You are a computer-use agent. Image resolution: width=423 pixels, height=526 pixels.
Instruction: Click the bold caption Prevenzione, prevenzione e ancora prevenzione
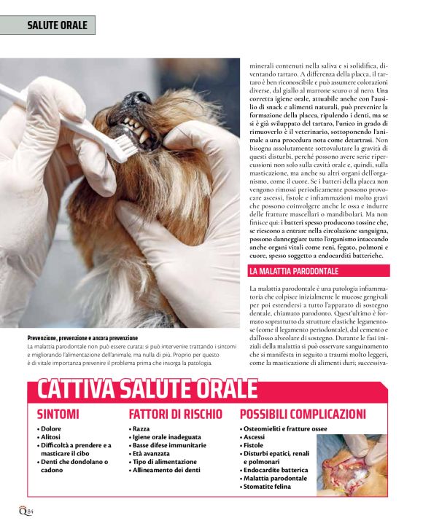[82, 339]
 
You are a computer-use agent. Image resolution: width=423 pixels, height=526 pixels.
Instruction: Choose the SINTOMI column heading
[58, 415]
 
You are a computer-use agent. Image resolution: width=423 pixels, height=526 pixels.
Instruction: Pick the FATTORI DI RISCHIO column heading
[176, 415]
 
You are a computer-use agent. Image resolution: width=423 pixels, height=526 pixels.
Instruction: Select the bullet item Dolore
[50, 429]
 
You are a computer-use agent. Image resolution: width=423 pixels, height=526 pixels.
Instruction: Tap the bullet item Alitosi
[52, 437]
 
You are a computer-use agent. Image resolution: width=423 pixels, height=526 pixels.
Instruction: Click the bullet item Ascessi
[256, 437]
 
